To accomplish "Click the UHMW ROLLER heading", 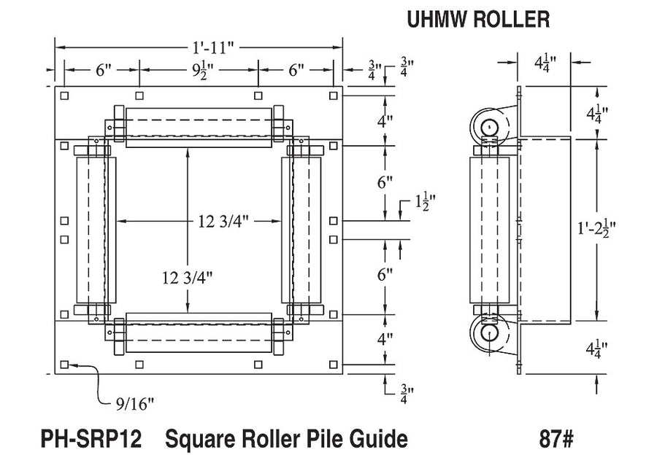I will click(x=478, y=20).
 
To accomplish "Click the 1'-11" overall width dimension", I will click(x=212, y=48).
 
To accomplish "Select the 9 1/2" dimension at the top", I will click(x=199, y=71).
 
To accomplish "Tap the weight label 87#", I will click(x=556, y=439).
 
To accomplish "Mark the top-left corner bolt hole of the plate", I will click(x=65, y=96).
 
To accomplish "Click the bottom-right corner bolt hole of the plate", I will click(x=333, y=364).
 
